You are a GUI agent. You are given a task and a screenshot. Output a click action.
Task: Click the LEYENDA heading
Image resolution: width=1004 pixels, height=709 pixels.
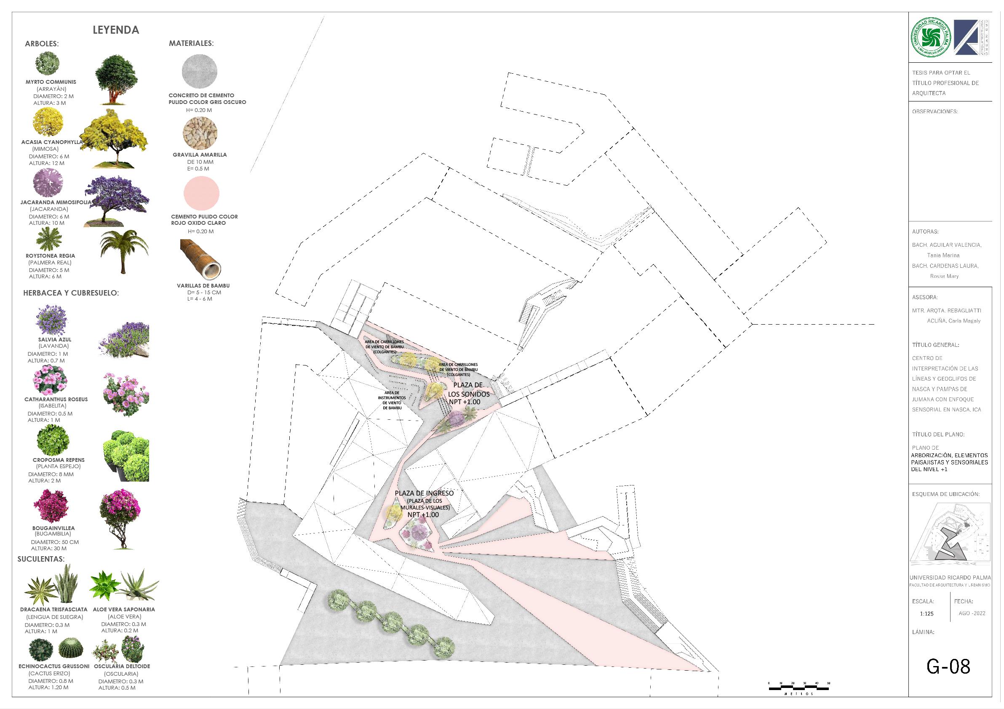116,30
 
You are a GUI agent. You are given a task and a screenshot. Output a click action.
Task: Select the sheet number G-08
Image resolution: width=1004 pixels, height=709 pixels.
948,666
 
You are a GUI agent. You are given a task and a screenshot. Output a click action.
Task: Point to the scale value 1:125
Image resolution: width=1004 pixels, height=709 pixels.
927,614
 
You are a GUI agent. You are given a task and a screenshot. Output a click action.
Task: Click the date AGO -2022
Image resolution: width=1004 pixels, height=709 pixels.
972,613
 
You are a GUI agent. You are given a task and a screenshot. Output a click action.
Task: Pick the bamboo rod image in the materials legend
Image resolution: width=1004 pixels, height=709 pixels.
201,261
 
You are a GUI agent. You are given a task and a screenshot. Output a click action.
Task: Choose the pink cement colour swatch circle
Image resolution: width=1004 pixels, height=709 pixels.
201,193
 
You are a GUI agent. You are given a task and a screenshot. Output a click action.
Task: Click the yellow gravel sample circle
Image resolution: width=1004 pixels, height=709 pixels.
200,133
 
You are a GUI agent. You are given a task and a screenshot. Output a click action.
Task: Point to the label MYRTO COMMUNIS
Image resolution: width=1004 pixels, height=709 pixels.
51,82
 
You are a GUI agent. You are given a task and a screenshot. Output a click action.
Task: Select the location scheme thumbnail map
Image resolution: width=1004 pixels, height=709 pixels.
949,537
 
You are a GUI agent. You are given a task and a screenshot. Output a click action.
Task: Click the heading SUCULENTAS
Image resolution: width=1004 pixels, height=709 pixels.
41,559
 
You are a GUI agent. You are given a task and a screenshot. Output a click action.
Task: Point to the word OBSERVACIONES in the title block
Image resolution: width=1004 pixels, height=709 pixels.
935,112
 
